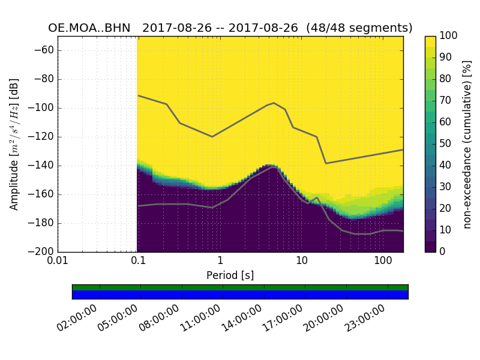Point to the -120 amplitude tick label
tap(41, 137)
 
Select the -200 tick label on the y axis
tap(41, 252)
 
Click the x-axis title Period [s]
tap(230, 275)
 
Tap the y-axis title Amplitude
tap(14, 144)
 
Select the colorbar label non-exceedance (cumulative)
tap(467, 144)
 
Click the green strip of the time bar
tap(240, 287)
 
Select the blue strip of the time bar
tap(240, 295)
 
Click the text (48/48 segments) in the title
tap(359, 28)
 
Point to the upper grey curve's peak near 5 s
tap(274, 103)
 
